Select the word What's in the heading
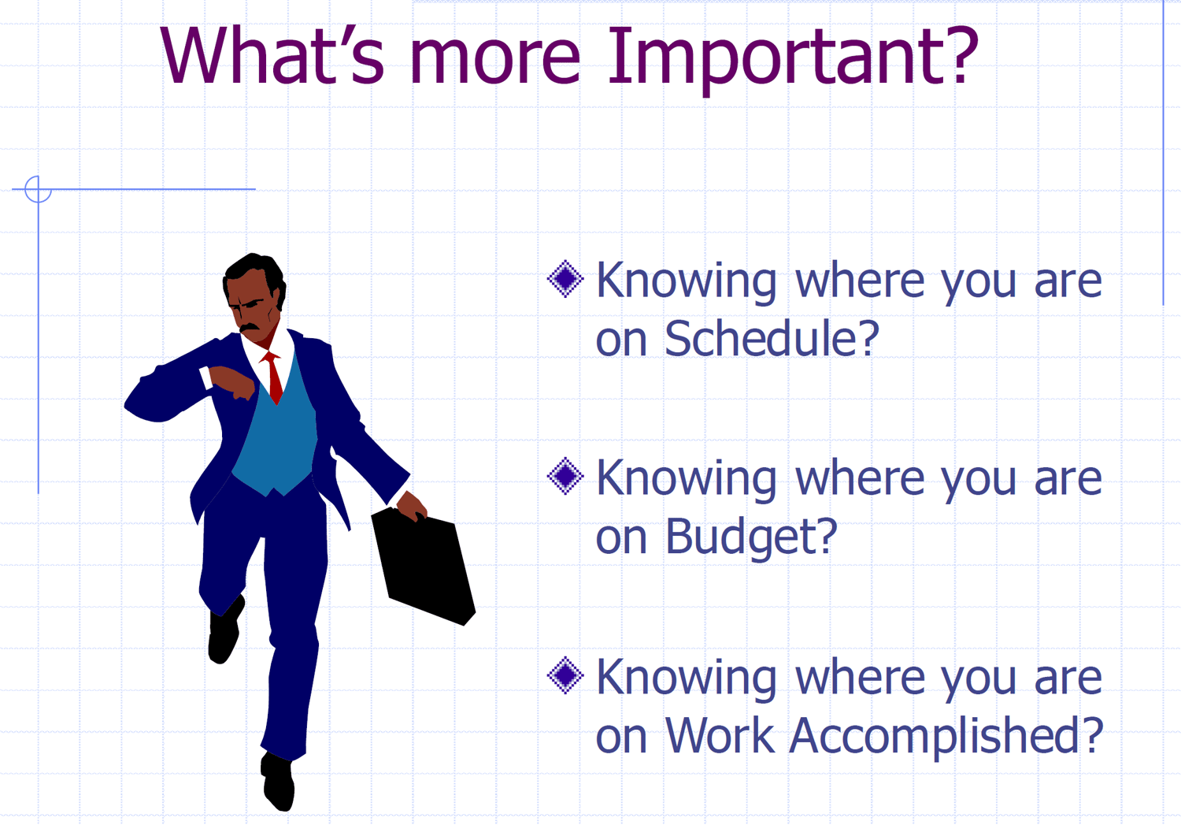point(272,55)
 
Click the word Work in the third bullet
point(719,735)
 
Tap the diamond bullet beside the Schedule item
point(565,278)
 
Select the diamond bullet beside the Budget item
point(565,476)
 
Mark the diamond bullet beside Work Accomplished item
point(565,675)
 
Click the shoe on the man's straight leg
point(277,782)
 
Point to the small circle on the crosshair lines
point(38,189)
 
